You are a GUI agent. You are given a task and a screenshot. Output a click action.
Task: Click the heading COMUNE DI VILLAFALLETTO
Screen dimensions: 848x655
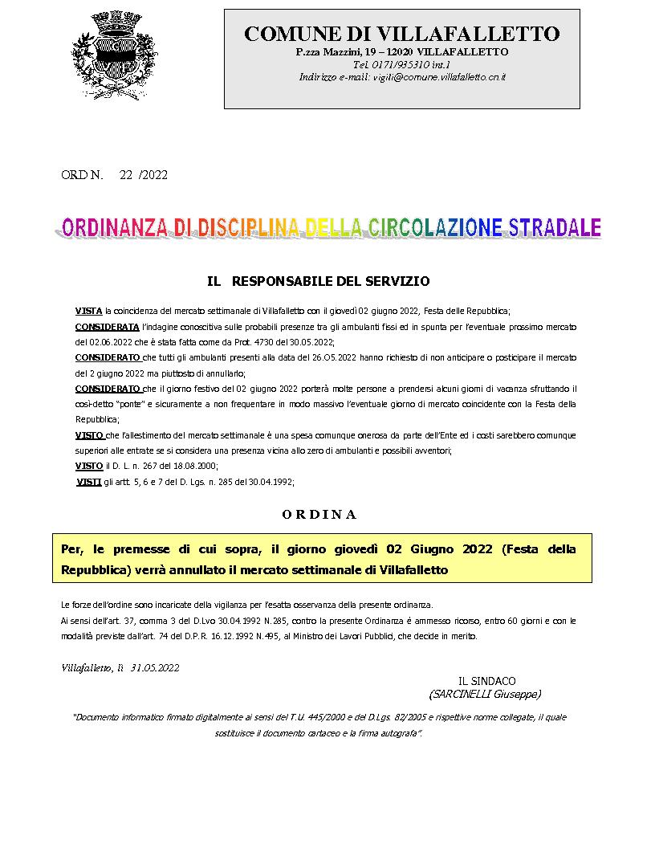click(x=401, y=34)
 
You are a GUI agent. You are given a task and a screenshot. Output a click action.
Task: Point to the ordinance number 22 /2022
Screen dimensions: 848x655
click(x=143, y=175)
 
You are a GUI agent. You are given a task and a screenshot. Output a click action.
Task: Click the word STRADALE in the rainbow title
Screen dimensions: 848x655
click(x=553, y=227)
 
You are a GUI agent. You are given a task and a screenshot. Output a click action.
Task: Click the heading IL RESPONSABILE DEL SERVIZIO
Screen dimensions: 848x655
click(x=319, y=281)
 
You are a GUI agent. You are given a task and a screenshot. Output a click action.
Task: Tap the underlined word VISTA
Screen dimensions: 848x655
click(x=88, y=311)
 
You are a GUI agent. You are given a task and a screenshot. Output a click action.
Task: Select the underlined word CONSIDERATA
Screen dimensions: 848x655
click(x=107, y=328)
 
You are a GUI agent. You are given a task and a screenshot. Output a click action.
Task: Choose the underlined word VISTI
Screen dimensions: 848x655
click(x=88, y=481)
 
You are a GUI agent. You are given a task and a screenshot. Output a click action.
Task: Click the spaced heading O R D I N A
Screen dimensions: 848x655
click(x=319, y=514)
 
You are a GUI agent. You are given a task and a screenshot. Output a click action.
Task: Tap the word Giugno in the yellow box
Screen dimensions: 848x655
click(x=433, y=550)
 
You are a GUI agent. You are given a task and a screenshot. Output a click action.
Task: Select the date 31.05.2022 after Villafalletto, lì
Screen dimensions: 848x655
click(x=155, y=667)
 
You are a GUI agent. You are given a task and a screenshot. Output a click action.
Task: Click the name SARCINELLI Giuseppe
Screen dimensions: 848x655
click(x=486, y=694)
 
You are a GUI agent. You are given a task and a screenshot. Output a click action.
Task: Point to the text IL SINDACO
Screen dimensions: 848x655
click(x=486, y=681)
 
